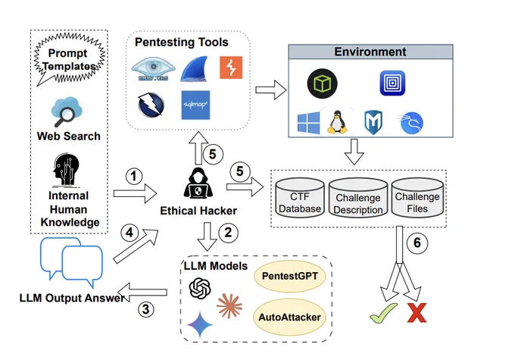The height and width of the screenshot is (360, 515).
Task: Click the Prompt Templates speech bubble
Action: [69, 59]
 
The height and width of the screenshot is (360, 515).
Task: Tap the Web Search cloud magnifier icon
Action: [67, 111]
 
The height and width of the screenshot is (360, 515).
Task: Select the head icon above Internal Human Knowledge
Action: [67, 170]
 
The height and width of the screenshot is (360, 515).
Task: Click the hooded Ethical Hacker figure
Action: [198, 183]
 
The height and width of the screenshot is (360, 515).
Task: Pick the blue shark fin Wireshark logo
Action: [195, 69]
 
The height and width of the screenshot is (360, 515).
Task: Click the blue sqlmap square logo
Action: [195, 105]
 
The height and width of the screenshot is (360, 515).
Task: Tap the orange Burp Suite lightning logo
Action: [231, 67]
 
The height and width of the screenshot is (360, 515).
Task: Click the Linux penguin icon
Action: [337, 122]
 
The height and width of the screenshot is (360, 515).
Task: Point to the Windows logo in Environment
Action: [308, 123]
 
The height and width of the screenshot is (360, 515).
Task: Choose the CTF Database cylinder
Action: [300, 198]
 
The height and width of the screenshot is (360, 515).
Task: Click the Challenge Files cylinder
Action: [417, 198]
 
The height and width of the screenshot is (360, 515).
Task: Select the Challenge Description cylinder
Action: [358, 199]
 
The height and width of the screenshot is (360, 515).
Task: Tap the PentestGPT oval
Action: [289, 276]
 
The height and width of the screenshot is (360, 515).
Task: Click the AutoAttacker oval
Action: [289, 318]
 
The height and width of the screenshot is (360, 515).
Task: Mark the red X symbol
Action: [417, 313]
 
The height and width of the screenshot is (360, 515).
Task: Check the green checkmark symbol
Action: [383, 313]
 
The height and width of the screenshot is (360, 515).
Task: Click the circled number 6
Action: [417, 243]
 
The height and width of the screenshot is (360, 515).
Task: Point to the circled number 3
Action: [146, 309]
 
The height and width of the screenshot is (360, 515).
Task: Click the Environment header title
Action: [370, 52]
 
